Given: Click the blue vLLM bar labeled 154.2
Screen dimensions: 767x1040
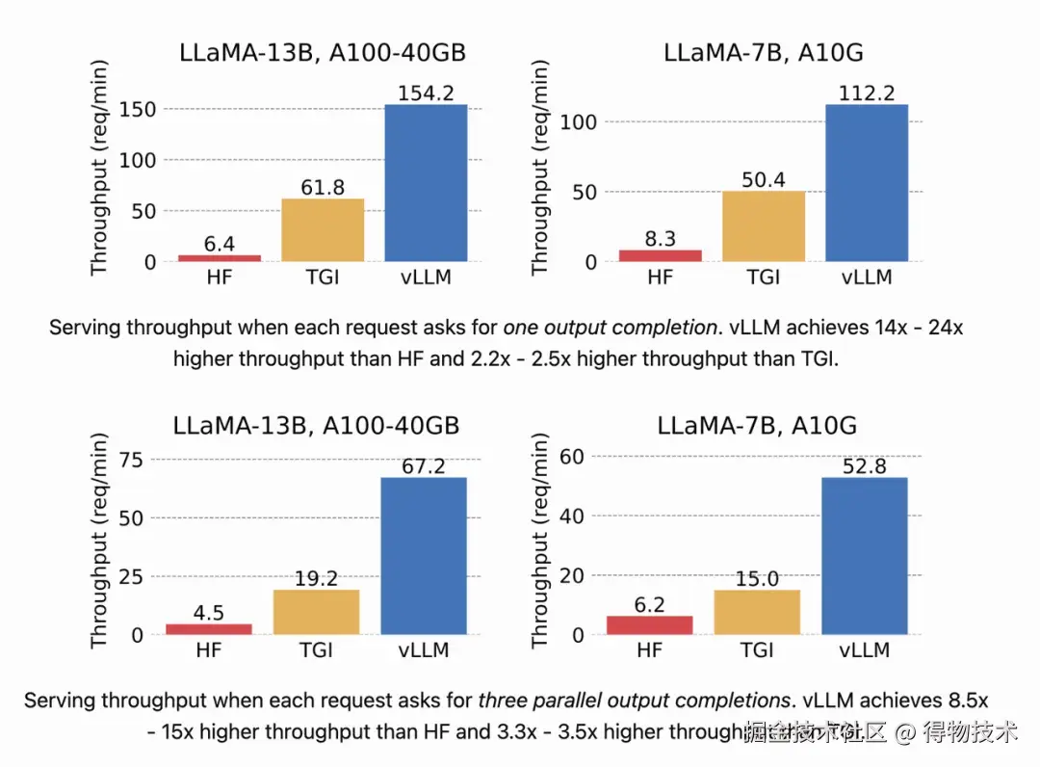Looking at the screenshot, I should [x=426, y=183].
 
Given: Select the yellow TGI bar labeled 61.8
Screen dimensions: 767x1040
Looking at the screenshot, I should [x=323, y=230].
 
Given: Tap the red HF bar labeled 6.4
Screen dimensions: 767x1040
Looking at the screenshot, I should [x=220, y=258].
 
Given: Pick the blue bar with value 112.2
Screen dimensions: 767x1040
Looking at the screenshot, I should [x=867, y=183].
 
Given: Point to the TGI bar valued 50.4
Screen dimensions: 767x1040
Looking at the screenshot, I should [x=763, y=226].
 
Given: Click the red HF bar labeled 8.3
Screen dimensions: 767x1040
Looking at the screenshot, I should [x=660, y=255].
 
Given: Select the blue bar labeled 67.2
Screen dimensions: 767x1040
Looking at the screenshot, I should [x=425, y=556].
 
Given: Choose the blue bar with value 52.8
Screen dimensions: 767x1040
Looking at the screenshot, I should [x=865, y=556].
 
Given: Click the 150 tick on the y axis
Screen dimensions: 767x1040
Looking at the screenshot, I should [x=138, y=110].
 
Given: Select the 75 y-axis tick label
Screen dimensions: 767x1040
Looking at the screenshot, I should [x=131, y=460].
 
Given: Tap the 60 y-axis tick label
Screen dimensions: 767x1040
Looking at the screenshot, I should [x=572, y=456].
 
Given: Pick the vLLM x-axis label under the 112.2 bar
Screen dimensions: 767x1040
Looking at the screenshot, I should [x=867, y=278].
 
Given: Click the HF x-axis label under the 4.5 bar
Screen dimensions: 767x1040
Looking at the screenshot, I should [x=208, y=650].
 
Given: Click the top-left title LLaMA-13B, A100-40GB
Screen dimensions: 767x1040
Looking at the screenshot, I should [x=323, y=53].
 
